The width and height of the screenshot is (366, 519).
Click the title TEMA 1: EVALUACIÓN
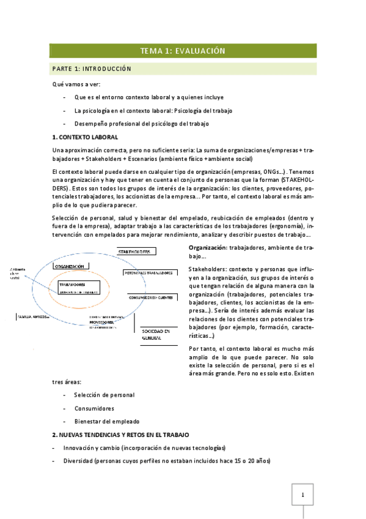click(183, 51)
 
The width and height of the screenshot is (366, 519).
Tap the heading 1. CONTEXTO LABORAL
click(85, 136)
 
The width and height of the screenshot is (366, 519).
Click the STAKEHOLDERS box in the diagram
click(136, 252)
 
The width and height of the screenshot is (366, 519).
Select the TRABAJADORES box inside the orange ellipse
click(72, 285)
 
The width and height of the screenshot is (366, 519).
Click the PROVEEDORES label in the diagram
click(101, 322)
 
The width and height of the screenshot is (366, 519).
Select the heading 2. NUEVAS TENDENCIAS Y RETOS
click(120, 434)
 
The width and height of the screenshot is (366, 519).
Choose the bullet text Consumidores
click(93, 408)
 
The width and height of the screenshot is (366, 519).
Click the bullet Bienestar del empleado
click(106, 421)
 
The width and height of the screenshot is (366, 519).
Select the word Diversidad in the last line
click(78, 460)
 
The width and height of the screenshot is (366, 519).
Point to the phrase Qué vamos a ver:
click(76, 83)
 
